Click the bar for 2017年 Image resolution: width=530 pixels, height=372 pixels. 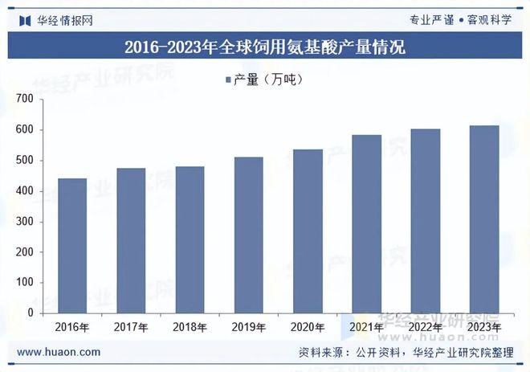point(131,240)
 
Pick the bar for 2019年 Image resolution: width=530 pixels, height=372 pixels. point(248,235)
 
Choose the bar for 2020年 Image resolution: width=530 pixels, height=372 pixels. point(308,231)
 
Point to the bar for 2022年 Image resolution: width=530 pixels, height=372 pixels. point(425,220)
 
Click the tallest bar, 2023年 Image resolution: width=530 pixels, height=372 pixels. point(483,219)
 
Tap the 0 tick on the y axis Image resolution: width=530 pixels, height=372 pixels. point(30,313)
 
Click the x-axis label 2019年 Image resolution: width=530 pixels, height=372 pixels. point(248,328)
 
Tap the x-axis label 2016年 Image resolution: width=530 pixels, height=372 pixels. point(72,328)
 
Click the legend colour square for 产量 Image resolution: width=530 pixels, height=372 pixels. point(228,80)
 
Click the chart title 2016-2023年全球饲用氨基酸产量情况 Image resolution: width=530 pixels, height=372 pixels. point(265,47)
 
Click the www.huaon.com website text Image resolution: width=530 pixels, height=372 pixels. point(59,352)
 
